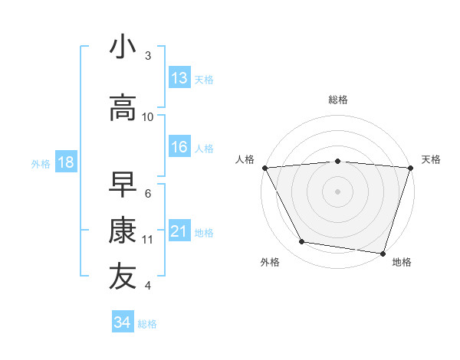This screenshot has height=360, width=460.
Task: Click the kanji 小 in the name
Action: click(123, 47)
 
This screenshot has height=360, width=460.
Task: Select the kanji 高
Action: click(123, 108)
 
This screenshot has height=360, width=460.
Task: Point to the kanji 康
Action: click(123, 231)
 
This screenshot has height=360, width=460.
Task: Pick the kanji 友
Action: click(123, 277)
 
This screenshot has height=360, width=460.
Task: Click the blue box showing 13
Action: click(179, 78)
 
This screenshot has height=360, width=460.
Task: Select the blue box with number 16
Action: click(179, 148)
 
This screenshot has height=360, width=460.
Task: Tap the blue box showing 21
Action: click(179, 232)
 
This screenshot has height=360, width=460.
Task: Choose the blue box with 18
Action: click(65, 162)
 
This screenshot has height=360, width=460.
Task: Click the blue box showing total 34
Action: click(123, 322)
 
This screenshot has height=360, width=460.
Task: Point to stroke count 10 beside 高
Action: click(148, 117)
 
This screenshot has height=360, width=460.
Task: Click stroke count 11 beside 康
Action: click(148, 240)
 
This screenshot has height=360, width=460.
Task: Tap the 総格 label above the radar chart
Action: click(338, 100)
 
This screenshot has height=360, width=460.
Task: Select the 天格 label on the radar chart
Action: click(432, 159)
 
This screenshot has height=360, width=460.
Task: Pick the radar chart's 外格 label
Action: click(270, 262)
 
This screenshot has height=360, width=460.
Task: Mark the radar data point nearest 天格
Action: click(410, 167)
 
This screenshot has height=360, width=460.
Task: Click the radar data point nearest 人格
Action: click(264, 167)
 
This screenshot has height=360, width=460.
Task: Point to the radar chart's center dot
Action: click(337, 191)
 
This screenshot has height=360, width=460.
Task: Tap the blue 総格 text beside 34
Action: click(147, 324)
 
